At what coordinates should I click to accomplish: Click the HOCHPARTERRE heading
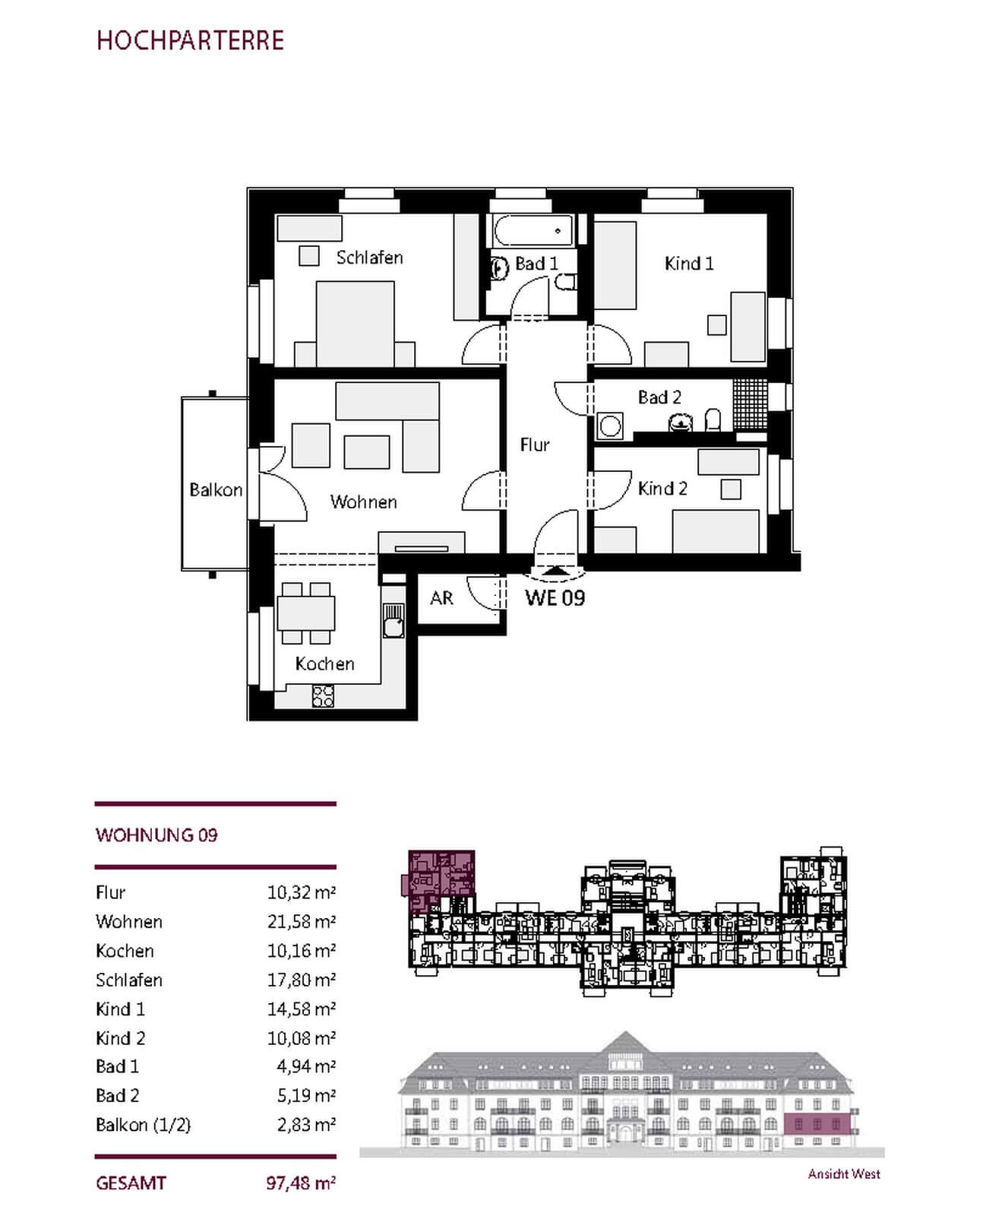coord(190,40)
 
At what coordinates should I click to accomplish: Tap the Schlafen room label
coord(369,258)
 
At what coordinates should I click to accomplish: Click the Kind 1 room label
coord(689,264)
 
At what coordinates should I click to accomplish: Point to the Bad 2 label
coord(659,397)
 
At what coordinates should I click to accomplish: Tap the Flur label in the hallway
coord(535,445)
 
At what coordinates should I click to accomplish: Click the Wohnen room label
coord(363,502)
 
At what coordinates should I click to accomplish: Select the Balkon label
coord(216,490)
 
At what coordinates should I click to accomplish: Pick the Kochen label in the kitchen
coord(324,663)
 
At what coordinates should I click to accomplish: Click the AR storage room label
coord(441,598)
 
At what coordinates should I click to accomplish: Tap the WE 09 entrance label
coord(555,598)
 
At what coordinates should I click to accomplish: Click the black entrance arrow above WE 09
coord(556,569)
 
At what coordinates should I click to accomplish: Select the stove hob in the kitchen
coord(323,696)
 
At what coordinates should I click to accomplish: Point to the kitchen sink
coord(393,621)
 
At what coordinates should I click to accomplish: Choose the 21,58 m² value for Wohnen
coord(301,921)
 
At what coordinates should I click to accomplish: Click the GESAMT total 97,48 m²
coord(301,1183)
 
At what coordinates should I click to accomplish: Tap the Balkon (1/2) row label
coord(143,1125)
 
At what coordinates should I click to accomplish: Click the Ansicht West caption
coord(844,1174)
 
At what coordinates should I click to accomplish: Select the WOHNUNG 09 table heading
coord(156,835)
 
